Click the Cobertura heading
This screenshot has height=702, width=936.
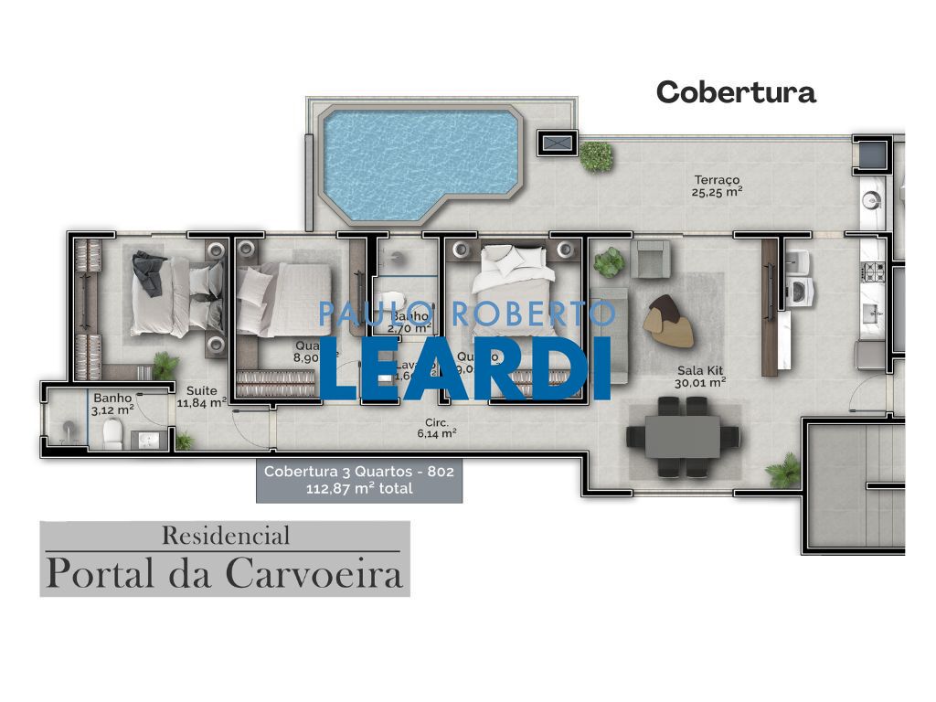click(x=735, y=92)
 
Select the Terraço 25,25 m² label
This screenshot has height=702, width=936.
click(x=717, y=186)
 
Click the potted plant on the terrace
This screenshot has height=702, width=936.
click(x=596, y=155)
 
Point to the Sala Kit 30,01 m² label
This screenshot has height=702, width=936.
click(x=701, y=376)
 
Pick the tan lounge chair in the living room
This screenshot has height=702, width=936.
click(x=668, y=322)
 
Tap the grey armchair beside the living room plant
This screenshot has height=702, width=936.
click(x=652, y=258)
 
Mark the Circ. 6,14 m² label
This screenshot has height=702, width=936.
click(x=437, y=429)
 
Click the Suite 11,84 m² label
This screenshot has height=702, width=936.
click(x=202, y=396)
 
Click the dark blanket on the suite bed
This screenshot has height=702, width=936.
click(x=148, y=269)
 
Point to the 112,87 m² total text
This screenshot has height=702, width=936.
click(x=358, y=489)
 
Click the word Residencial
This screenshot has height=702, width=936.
click(x=225, y=535)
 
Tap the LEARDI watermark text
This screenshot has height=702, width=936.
click(x=465, y=368)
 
